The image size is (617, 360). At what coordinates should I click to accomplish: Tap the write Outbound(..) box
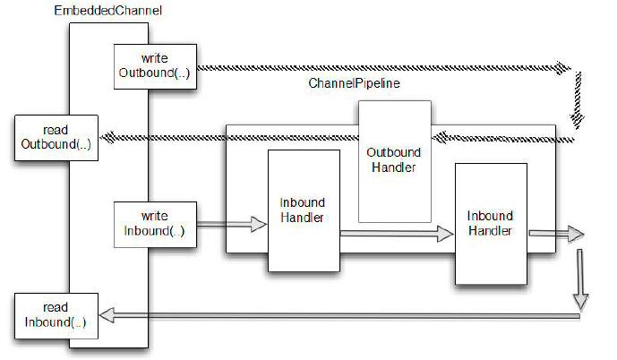click(x=154, y=65)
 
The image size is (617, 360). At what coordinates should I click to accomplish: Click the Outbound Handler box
click(x=393, y=161)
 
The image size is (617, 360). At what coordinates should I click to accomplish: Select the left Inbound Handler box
click(x=303, y=210)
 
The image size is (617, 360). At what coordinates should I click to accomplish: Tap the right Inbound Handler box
click(x=490, y=224)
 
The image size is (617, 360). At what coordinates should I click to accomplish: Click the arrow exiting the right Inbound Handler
click(x=555, y=234)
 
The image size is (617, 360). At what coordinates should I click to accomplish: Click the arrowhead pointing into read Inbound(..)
click(x=107, y=314)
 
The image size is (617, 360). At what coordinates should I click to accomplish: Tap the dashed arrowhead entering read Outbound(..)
click(x=107, y=137)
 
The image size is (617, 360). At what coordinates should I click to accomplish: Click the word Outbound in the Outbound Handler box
click(x=393, y=151)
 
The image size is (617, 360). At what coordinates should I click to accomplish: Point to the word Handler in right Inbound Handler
click(x=490, y=230)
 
